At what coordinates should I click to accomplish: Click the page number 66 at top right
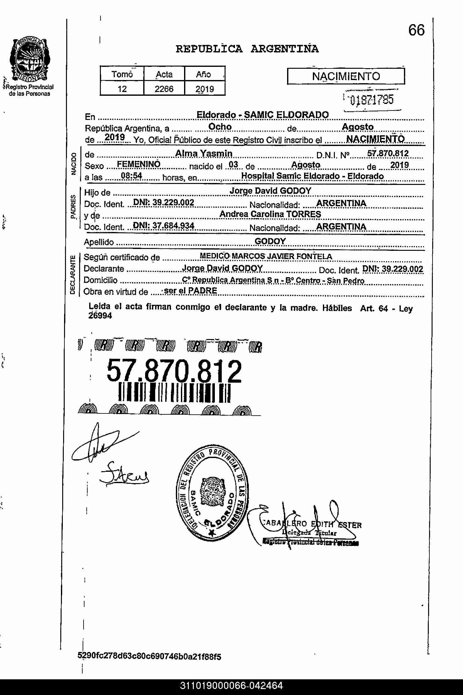[416, 30]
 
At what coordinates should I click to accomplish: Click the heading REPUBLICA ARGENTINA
[247, 49]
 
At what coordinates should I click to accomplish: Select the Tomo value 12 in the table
[122, 89]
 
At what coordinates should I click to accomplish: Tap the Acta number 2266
[164, 89]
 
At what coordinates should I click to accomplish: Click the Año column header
[203, 74]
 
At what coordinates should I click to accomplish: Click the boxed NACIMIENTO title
[346, 76]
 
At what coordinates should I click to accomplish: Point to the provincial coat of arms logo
[29, 59]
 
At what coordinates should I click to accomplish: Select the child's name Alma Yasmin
[204, 154]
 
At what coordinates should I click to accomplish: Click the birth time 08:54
[132, 176]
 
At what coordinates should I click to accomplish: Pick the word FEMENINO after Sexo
[138, 164]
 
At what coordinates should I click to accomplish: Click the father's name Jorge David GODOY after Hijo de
[270, 191]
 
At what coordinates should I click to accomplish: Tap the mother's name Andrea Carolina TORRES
[270, 214]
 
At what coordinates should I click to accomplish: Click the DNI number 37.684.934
[164, 226]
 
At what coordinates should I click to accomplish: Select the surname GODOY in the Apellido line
[270, 241]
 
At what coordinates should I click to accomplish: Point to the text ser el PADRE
[190, 291]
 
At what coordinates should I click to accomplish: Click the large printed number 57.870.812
[174, 371]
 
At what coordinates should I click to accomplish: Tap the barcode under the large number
[174, 393]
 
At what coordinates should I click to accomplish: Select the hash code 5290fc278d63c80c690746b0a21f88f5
[149, 656]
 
